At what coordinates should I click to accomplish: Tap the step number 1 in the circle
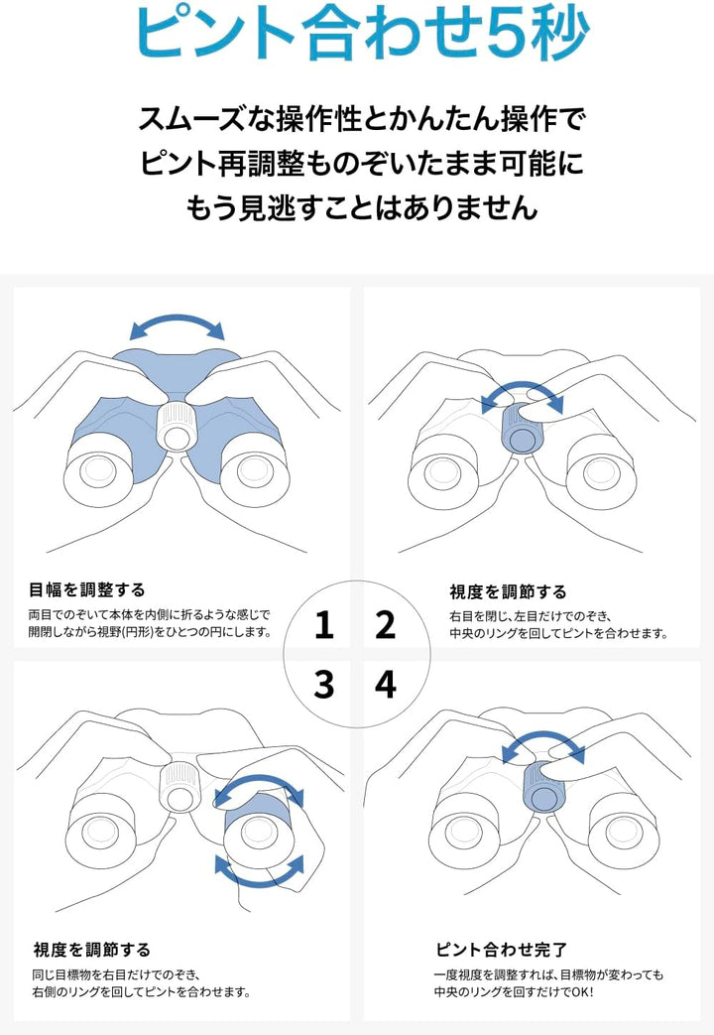tap(323, 625)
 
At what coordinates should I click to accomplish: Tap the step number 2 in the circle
tap(385, 625)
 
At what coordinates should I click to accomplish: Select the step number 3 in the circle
tap(323, 685)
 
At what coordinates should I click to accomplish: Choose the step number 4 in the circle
tap(385, 685)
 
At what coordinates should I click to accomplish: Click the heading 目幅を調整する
tap(87, 590)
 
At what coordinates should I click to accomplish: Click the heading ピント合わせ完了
tap(501, 950)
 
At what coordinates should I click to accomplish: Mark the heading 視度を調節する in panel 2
tap(508, 592)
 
